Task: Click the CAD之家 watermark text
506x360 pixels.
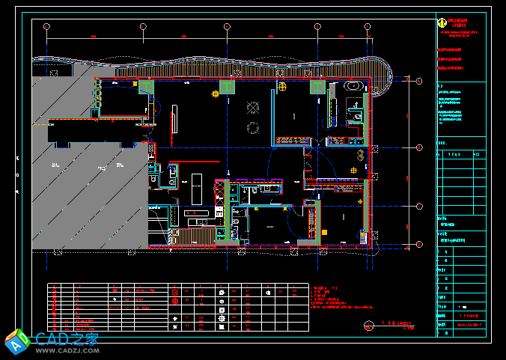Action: (67, 338)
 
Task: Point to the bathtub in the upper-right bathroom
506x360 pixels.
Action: (353, 88)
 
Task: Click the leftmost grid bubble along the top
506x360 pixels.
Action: (46, 27)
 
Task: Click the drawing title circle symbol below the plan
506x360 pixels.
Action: (368, 325)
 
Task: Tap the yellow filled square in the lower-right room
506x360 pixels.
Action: (324, 233)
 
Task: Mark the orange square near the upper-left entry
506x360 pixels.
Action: (135, 85)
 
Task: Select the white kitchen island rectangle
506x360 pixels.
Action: (197, 188)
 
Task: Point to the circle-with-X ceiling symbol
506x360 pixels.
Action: (216, 94)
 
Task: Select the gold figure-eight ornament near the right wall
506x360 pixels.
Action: (361, 156)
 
